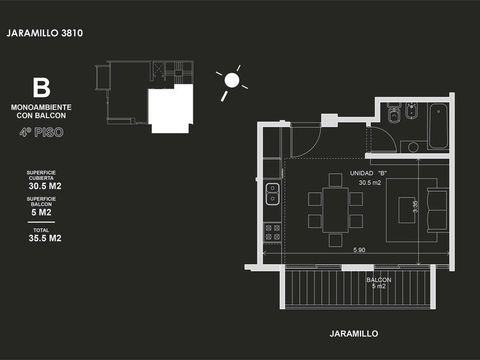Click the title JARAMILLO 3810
click(x=45, y=33)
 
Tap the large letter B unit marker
click(x=41, y=89)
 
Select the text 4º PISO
click(x=40, y=133)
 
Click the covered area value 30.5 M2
click(x=45, y=186)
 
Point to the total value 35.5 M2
click(x=45, y=238)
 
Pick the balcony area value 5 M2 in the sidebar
click(x=41, y=212)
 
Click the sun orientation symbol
click(x=231, y=81)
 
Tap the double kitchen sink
click(x=272, y=194)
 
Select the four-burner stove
click(x=272, y=232)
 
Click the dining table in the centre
click(x=335, y=210)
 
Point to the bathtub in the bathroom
click(x=438, y=126)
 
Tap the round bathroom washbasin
click(x=413, y=147)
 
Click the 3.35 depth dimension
click(x=415, y=206)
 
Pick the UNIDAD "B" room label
click(x=369, y=173)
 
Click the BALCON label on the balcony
click(x=379, y=280)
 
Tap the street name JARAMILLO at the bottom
click(x=354, y=333)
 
